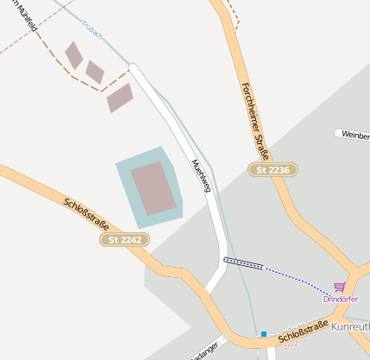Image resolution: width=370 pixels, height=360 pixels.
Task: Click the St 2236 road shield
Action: point(273,170)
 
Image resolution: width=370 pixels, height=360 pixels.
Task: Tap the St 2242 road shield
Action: point(120,239)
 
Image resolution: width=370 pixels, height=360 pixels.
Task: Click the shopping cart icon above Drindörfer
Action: point(340,287)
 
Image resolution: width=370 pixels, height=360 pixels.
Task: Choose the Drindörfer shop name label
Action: point(340,299)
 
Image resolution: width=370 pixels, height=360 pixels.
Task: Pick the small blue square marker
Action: point(263,333)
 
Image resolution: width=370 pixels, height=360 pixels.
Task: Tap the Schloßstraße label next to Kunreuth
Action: point(304,330)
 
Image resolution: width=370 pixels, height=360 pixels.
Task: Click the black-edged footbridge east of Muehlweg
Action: point(243,263)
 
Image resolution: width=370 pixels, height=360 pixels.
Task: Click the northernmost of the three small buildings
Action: point(74,55)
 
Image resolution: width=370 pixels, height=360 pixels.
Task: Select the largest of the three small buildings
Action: point(120,98)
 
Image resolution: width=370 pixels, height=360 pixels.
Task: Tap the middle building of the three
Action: point(94,72)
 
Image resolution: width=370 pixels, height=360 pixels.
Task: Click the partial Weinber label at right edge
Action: point(354,135)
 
